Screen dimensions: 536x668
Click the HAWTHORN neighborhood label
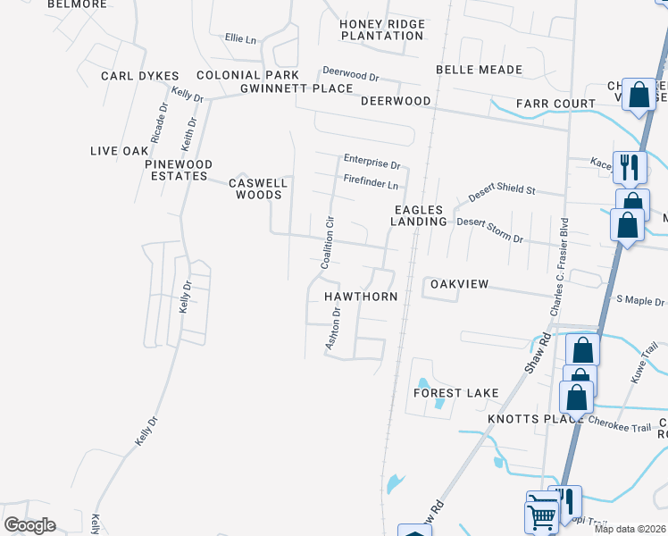point(361,296)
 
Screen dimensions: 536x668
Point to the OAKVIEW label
point(459,284)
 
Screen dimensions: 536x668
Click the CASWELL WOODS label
point(258,188)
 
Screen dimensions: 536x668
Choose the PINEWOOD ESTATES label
point(180,170)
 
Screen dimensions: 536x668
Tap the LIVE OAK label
point(119,151)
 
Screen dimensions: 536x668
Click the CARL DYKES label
point(140,76)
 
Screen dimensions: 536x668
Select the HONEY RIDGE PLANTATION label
point(386,29)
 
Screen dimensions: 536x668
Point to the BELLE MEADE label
point(479,70)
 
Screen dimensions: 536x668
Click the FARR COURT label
point(554,105)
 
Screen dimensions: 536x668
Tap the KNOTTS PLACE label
point(523,419)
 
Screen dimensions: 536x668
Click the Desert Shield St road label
point(502,190)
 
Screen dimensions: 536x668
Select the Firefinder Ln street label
point(371,181)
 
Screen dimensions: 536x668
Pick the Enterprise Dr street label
point(372,163)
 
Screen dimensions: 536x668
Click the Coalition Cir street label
point(327,242)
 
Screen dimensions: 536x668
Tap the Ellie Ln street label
point(240,39)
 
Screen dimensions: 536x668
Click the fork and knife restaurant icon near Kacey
point(630,165)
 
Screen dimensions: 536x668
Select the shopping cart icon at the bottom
point(541,515)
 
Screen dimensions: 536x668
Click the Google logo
point(29,525)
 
